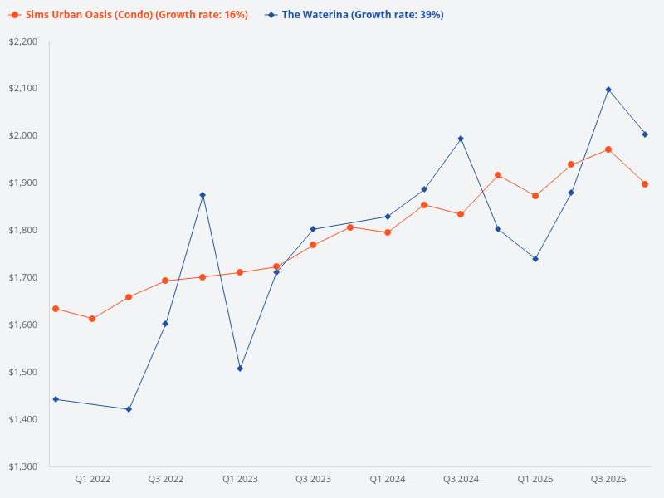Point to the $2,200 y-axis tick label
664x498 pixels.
(x=22, y=41)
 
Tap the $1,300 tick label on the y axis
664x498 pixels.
(x=22, y=466)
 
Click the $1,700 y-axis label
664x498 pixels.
(x=22, y=277)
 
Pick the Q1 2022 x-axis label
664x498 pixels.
(x=92, y=479)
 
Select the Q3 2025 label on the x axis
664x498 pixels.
(x=608, y=479)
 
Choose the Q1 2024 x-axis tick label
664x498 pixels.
(x=388, y=479)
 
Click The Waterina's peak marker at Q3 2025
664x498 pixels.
(x=608, y=90)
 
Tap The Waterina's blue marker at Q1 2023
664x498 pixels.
(x=240, y=369)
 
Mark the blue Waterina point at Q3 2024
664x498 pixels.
(x=461, y=139)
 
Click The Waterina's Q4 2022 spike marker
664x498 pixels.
(x=203, y=195)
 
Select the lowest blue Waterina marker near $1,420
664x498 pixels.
(x=129, y=409)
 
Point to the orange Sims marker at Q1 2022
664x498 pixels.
(x=92, y=319)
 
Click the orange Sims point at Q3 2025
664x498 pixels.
(x=608, y=149)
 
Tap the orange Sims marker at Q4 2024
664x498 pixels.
(x=498, y=175)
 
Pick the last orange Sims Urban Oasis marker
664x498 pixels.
(x=645, y=184)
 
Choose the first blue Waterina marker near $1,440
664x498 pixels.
(x=56, y=399)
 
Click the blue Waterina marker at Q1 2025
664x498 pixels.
(x=535, y=259)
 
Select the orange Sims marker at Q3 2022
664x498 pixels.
(x=165, y=281)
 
